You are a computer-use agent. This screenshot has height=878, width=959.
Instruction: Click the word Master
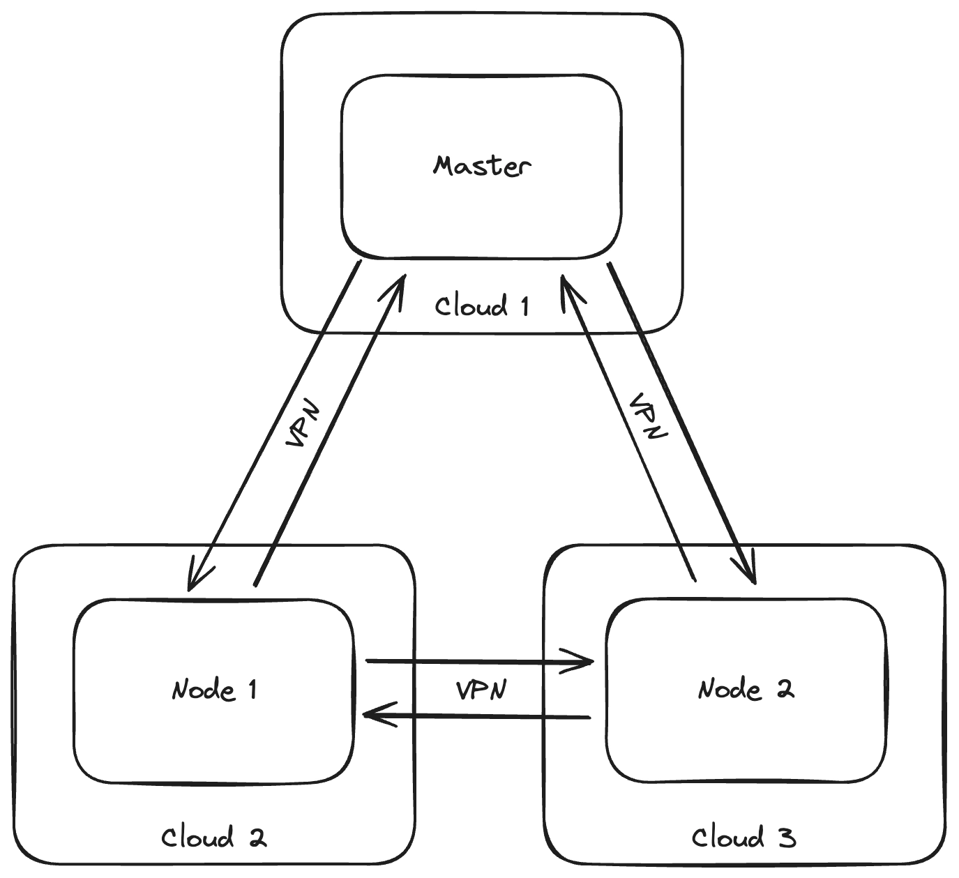[x=481, y=166]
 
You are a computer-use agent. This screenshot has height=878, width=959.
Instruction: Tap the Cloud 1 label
[x=481, y=305]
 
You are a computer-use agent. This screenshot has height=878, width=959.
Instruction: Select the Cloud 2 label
[x=213, y=837]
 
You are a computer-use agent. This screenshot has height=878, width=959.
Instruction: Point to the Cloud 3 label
[x=743, y=837]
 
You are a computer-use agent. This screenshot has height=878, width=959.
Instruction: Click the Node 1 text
[x=214, y=690]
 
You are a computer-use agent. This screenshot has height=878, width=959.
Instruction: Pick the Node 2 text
[x=746, y=689]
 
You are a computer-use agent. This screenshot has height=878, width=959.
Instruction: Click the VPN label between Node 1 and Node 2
[x=481, y=690]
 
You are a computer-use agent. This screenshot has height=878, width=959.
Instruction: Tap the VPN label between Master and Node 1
[x=304, y=423]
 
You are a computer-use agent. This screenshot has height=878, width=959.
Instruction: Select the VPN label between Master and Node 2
[x=648, y=417]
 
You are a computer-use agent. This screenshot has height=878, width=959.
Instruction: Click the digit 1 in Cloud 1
[x=522, y=305]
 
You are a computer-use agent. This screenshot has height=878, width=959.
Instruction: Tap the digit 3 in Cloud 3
[x=786, y=837]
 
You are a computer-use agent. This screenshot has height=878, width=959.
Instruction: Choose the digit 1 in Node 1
[x=251, y=690]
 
